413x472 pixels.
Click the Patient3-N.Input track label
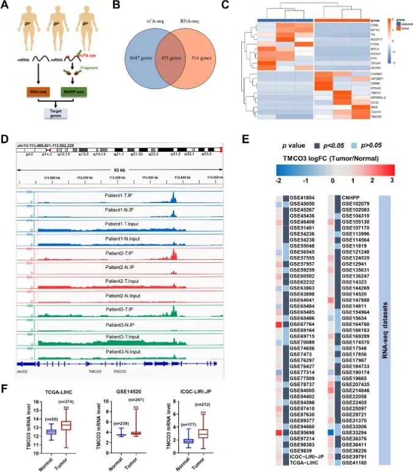[x=125, y=352]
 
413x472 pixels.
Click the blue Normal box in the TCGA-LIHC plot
[x=34, y=431]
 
